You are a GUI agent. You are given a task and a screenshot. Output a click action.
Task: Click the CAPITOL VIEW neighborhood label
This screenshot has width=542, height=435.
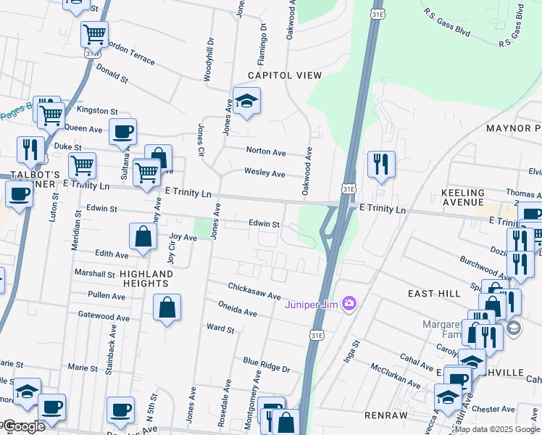click(x=284, y=75)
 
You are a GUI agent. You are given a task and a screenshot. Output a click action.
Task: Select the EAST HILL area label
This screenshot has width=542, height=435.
click(x=434, y=293)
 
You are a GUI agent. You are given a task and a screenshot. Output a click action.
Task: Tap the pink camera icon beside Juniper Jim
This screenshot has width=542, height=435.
click(x=349, y=302)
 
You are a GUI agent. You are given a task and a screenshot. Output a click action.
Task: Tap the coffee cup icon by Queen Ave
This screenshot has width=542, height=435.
click(x=122, y=132)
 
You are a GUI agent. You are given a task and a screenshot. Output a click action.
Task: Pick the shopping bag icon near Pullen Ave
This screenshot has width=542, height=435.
click(x=167, y=307)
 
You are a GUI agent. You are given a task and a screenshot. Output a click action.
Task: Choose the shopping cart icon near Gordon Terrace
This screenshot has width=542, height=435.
click(x=94, y=33)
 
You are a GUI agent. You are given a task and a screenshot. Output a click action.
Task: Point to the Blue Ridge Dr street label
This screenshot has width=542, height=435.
click(x=266, y=364)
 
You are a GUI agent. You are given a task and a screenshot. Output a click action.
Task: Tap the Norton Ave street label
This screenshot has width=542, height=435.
click(x=266, y=152)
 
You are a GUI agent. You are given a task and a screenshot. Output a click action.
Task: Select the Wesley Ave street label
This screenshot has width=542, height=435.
click(x=265, y=173)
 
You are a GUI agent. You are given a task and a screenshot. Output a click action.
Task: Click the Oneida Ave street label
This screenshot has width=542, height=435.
click(x=238, y=312)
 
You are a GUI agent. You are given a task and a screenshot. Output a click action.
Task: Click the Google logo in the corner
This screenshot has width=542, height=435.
click(x=24, y=426)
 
